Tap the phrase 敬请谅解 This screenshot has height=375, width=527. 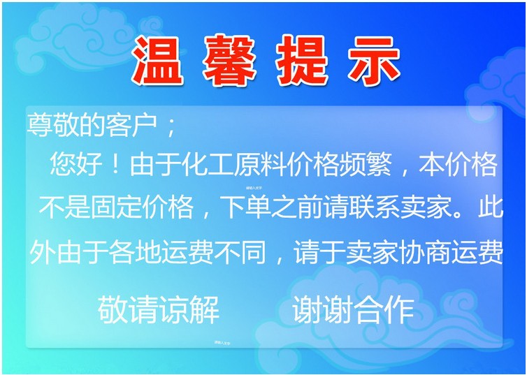click(159, 308)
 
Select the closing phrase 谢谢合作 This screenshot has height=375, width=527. click(353, 308)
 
